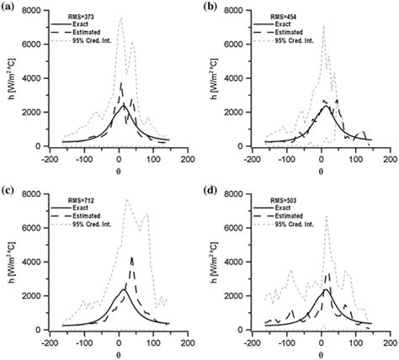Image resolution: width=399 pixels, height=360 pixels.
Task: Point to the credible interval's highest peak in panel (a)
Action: point(120,18)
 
